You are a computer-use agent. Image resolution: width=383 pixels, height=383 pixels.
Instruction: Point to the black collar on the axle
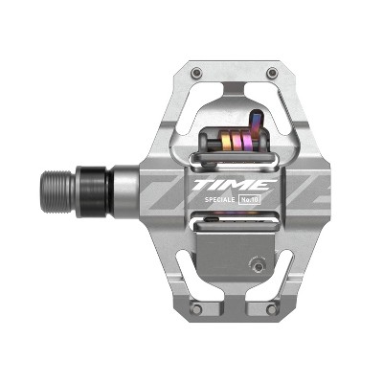pos(92,183)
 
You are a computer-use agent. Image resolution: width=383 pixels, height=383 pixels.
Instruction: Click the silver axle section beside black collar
pos(120,183)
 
